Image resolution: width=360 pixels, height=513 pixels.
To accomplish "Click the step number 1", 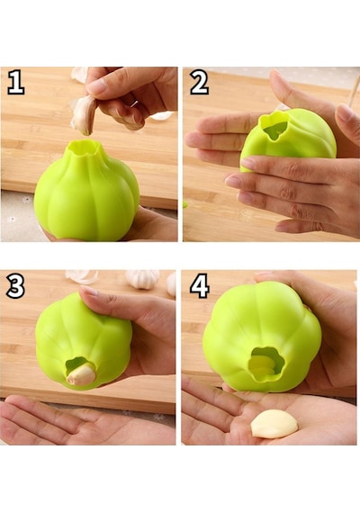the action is point(15,82).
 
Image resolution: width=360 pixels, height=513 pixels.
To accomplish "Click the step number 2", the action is point(199,82).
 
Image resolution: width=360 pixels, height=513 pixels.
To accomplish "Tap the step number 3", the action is point(15,286).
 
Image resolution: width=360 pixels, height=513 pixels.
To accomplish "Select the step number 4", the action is point(200,286).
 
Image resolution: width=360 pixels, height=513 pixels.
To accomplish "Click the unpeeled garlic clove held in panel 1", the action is point(84,115).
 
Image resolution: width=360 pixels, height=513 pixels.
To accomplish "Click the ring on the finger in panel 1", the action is point(134,103).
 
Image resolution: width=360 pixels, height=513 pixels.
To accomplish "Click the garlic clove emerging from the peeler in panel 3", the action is point(81,374).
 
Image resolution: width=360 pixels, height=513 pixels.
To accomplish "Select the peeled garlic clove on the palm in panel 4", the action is point(274,424).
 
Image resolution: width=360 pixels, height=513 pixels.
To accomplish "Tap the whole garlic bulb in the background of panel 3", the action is point(143,279).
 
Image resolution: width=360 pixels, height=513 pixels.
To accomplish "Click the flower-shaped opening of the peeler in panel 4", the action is point(266,364).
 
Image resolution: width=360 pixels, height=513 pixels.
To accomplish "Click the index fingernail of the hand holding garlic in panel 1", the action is point(96,85).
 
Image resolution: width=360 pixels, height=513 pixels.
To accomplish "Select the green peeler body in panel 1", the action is point(86,191).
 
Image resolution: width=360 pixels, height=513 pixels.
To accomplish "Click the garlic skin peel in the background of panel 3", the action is point(81,276).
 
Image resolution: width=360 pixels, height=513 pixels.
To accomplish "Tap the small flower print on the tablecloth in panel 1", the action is point(26,200).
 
